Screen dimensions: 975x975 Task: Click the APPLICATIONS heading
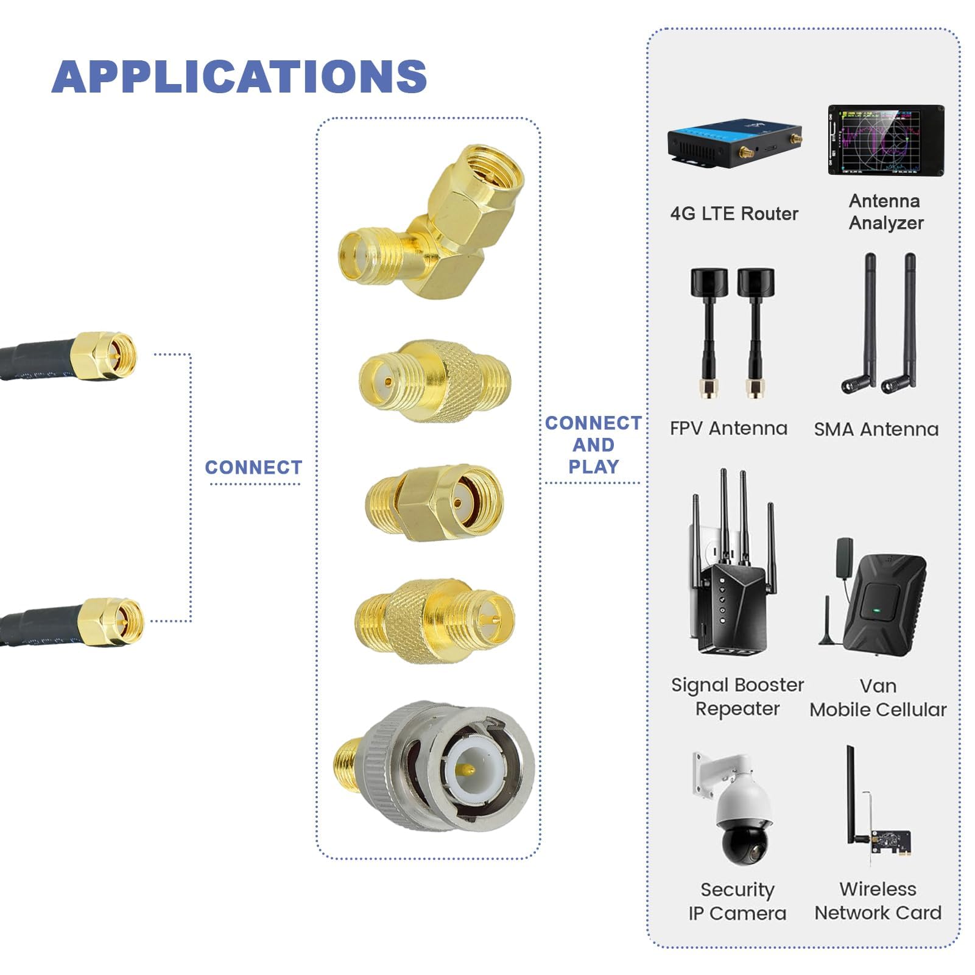pos(239,77)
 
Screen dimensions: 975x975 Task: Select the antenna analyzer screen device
pos(886,141)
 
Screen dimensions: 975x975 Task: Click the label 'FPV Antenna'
pos(728,428)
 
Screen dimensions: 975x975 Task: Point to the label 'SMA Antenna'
pos(876,429)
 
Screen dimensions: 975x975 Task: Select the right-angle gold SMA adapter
pos(432,222)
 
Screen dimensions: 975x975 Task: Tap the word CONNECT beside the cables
pos(253,468)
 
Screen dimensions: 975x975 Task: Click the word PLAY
pos(593,467)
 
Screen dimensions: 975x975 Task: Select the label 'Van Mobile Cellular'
pos(878,698)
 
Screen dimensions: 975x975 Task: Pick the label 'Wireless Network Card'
pos(878,901)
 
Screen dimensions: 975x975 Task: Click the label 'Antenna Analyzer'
pos(885,212)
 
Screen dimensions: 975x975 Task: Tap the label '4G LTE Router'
pos(734,214)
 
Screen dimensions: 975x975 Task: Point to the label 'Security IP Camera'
pos(737,902)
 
